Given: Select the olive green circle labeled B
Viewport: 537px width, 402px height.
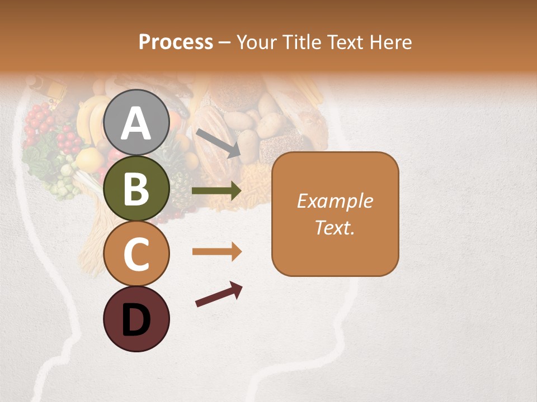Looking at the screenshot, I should click(x=136, y=188).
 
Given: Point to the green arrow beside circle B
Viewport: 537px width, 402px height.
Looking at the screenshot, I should click(x=216, y=191).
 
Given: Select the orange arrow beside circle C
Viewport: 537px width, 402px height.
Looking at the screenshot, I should click(x=216, y=252).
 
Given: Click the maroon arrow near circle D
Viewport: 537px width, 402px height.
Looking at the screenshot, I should click(x=219, y=294).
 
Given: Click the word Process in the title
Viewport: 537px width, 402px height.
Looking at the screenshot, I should click(x=176, y=42).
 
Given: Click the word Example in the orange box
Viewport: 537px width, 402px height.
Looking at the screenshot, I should click(x=335, y=201).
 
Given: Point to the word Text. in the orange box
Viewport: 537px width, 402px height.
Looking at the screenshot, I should click(x=335, y=227).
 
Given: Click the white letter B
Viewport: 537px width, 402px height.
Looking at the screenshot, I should click(x=136, y=188).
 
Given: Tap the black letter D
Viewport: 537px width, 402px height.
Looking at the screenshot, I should click(x=136, y=319).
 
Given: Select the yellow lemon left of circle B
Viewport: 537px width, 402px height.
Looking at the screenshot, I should click(x=89, y=160).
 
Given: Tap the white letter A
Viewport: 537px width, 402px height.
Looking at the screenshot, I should click(x=136, y=123).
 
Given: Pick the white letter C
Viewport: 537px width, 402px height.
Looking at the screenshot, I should click(x=136, y=254).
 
